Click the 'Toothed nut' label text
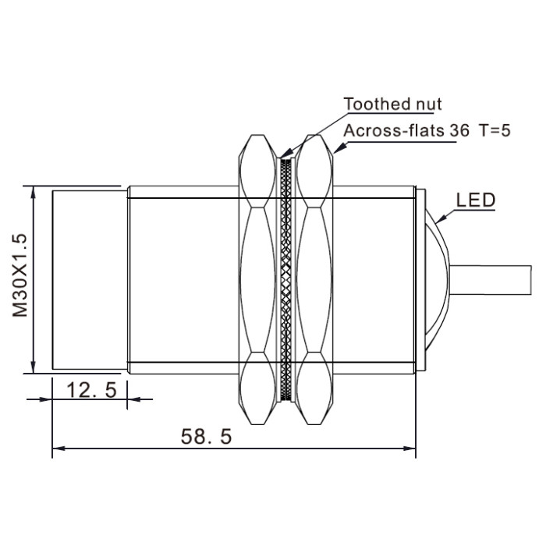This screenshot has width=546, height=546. [x=392, y=104]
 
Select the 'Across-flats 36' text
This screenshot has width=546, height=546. [x=406, y=130]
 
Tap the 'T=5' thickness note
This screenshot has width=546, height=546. [x=495, y=130]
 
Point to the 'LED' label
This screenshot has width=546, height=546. [x=476, y=200]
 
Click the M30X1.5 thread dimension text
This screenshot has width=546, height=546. [x=19, y=275]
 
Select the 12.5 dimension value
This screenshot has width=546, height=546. [x=91, y=390]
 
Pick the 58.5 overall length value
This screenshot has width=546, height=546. [x=206, y=436]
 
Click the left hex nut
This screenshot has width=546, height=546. [x=257, y=279]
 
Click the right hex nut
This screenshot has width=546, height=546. [x=314, y=279]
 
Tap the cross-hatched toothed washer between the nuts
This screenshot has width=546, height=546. [x=286, y=279]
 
